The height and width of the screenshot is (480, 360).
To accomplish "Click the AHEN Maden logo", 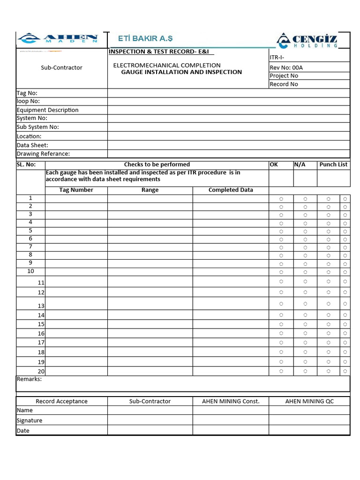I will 58,38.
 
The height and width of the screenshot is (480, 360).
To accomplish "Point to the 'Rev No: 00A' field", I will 286,67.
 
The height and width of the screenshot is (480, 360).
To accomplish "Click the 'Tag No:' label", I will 27,93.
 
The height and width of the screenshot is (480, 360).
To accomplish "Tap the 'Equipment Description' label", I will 47,110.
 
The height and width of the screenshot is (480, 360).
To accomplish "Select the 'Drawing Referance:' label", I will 43,154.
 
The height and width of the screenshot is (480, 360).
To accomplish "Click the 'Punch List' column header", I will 333,165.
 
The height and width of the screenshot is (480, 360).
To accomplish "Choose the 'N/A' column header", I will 300,165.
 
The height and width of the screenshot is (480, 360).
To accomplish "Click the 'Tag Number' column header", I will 76,190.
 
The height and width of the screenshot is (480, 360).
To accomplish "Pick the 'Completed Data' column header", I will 231,190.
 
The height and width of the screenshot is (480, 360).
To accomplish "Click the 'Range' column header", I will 150,190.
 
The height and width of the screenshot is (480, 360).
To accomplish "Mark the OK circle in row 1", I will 281,199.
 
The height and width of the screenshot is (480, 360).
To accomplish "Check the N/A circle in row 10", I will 305,272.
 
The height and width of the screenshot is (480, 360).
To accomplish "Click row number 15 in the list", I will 41,324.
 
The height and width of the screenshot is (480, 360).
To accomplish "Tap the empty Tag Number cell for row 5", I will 76,231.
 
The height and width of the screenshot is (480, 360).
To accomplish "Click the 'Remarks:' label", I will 29,379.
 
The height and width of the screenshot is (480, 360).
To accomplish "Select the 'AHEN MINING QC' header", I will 309,401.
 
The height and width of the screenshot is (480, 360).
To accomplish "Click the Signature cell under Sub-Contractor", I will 150,420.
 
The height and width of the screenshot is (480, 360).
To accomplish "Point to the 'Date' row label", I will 23,431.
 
